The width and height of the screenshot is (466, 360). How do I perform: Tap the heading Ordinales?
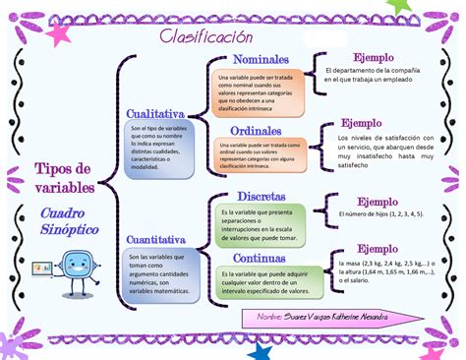(x=256, y=131)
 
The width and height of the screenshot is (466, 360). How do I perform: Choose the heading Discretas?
(x=262, y=196)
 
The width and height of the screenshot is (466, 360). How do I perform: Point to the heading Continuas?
(x=260, y=257)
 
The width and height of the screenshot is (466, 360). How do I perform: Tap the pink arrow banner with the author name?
(x=320, y=317)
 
